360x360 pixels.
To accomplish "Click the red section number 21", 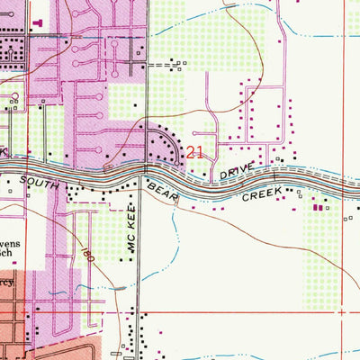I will pos(194,153).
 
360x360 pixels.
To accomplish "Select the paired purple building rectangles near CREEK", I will pos(316,207).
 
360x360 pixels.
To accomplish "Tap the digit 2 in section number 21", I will pos(190,153).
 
